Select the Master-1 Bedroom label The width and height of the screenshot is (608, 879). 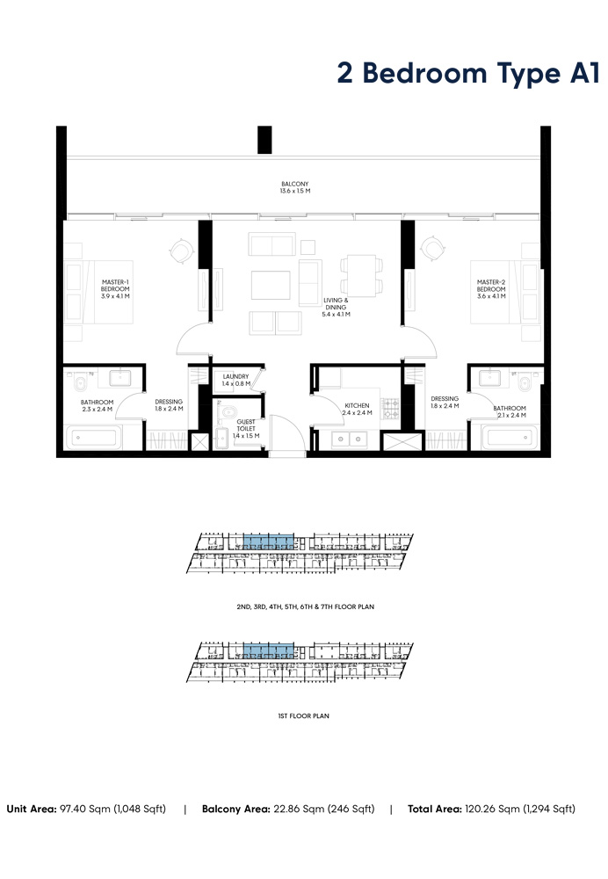click(x=115, y=289)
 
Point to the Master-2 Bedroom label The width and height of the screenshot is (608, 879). click(x=491, y=289)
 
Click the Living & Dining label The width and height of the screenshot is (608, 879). click(x=336, y=307)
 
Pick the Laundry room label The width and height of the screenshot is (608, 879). click(x=236, y=381)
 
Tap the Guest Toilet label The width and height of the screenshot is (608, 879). click(x=245, y=429)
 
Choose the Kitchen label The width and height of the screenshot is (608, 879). click(x=358, y=408)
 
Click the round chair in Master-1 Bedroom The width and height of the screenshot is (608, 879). click(x=180, y=251)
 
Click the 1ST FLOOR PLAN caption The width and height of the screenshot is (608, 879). click(x=302, y=716)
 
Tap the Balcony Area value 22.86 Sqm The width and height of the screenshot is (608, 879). click(x=322, y=809)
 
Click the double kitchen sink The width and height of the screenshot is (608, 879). click(x=349, y=439)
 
